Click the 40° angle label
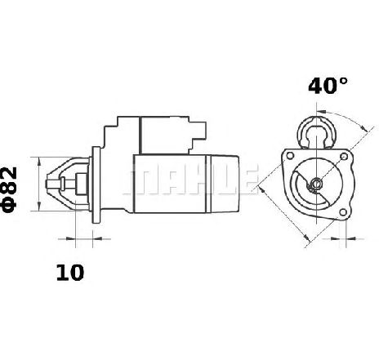click(x=328, y=87)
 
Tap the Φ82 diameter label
click(x=10, y=189)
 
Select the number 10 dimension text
click(x=70, y=273)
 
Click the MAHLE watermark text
click(x=190, y=180)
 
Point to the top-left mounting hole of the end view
click(x=291, y=156)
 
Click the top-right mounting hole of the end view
click(x=344, y=157)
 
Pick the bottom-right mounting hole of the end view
click(x=343, y=212)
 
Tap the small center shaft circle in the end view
click(x=316, y=183)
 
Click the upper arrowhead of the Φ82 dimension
click(x=39, y=162)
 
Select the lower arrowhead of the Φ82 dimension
click(x=39, y=206)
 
